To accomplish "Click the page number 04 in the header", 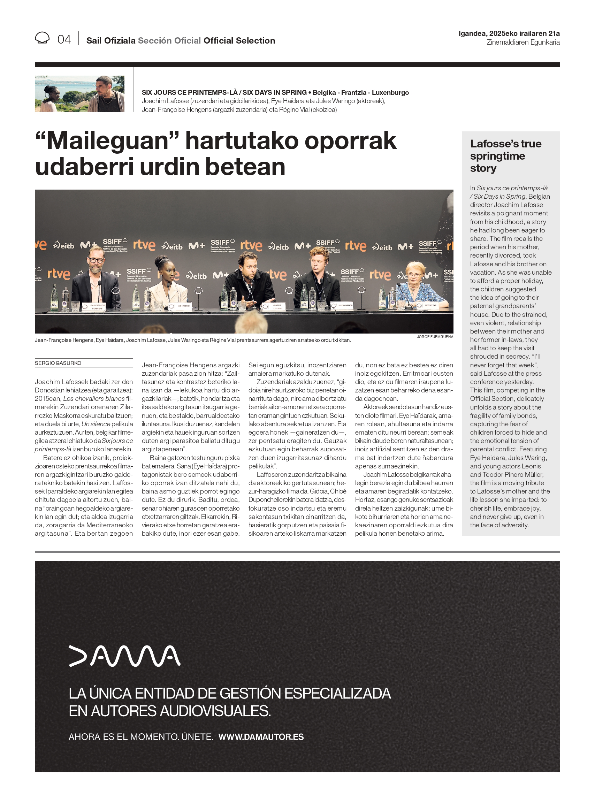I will (64, 39).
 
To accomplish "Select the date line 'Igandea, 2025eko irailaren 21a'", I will (509, 33).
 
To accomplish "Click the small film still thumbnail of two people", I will (79, 94).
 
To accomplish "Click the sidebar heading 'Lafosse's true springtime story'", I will (505, 155).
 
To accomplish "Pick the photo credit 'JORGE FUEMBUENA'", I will (435, 337).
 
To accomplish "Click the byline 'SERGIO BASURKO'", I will (58, 363).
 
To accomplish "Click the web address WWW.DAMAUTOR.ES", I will (261, 737).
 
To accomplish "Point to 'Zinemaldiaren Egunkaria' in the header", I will (523, 43).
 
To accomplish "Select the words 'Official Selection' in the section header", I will (239, 41).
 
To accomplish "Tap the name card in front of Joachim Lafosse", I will (277, 307).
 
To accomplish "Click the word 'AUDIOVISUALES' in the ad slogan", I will (215, 711).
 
